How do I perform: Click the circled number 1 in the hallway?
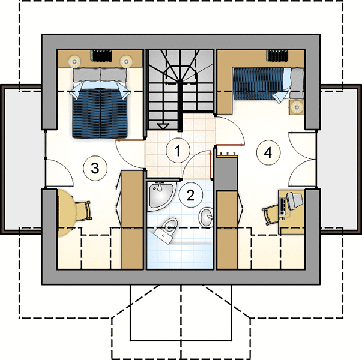click(x=178, y=151)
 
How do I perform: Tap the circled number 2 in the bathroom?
click(x=190, y=195)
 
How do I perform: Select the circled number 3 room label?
click(x=95, y=168)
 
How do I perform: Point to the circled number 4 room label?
click(x=268, y=152)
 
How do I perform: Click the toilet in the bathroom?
click(x=166, y=229)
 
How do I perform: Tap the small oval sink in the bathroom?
click(x=206, y=217)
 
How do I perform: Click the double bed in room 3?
click(x=100, y=103)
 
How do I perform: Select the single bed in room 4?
click(x=268, y=84)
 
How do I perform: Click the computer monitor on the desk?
click(x=294, y=201)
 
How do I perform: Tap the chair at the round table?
click(x=83, y=211)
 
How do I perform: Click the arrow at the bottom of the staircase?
click(x=163, y=126)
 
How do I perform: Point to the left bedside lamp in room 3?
click(x=74, y=61)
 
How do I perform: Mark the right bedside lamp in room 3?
click(x=126, y=61)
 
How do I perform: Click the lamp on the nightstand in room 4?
click(x=297, y=107)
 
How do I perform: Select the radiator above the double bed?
click(x=101, y=56)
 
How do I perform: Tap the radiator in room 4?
click(x=277, y=56)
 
